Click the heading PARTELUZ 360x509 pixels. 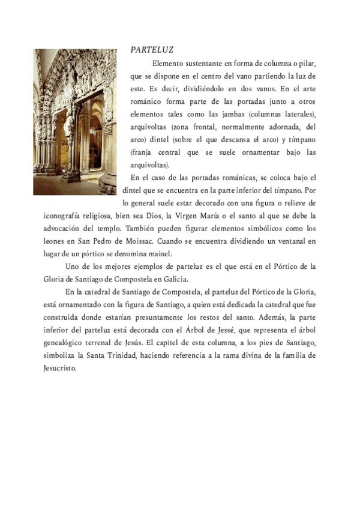pos(152,50)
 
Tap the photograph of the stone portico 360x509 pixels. pos(75,122)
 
